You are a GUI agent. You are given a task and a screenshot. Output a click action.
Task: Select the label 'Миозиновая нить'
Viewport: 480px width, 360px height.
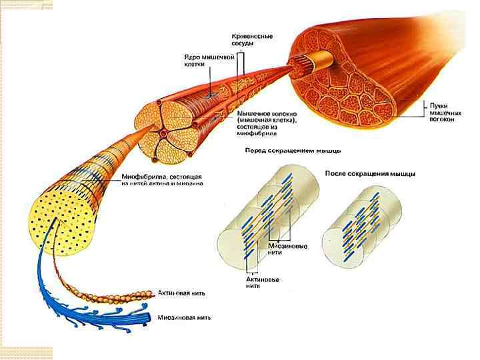(185, 317)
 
